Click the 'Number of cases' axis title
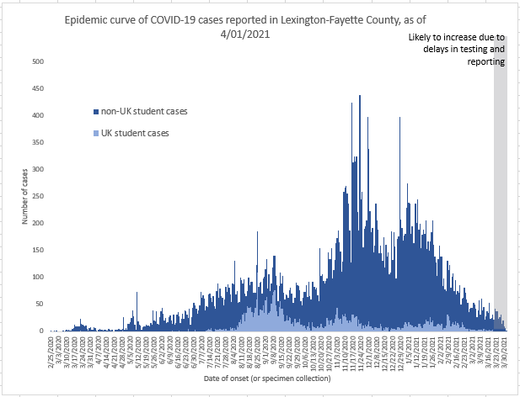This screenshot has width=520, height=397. [x=25, y=197]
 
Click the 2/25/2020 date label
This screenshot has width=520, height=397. [x=52, y=349]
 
